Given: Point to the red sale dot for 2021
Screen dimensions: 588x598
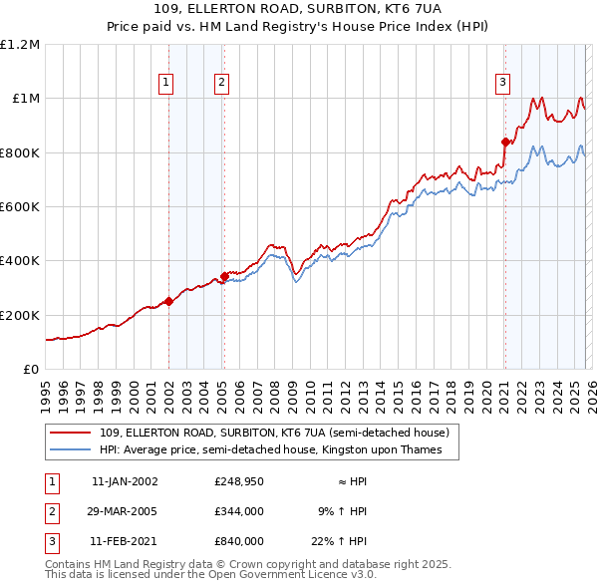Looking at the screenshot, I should (505, 142).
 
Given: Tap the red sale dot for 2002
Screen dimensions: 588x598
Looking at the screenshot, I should (168, 301).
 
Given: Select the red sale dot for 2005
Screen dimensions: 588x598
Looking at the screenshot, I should (225, 275).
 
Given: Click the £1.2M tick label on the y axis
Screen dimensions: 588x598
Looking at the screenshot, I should (20, 45).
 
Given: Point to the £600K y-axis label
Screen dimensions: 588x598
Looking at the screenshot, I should (20, 207).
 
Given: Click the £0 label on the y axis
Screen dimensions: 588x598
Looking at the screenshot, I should (30, 369).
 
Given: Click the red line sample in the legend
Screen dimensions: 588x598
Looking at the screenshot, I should (71, 433).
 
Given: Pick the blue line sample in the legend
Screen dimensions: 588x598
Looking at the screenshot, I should (71, 449).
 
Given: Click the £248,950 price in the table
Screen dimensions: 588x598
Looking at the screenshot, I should (238, 481).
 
